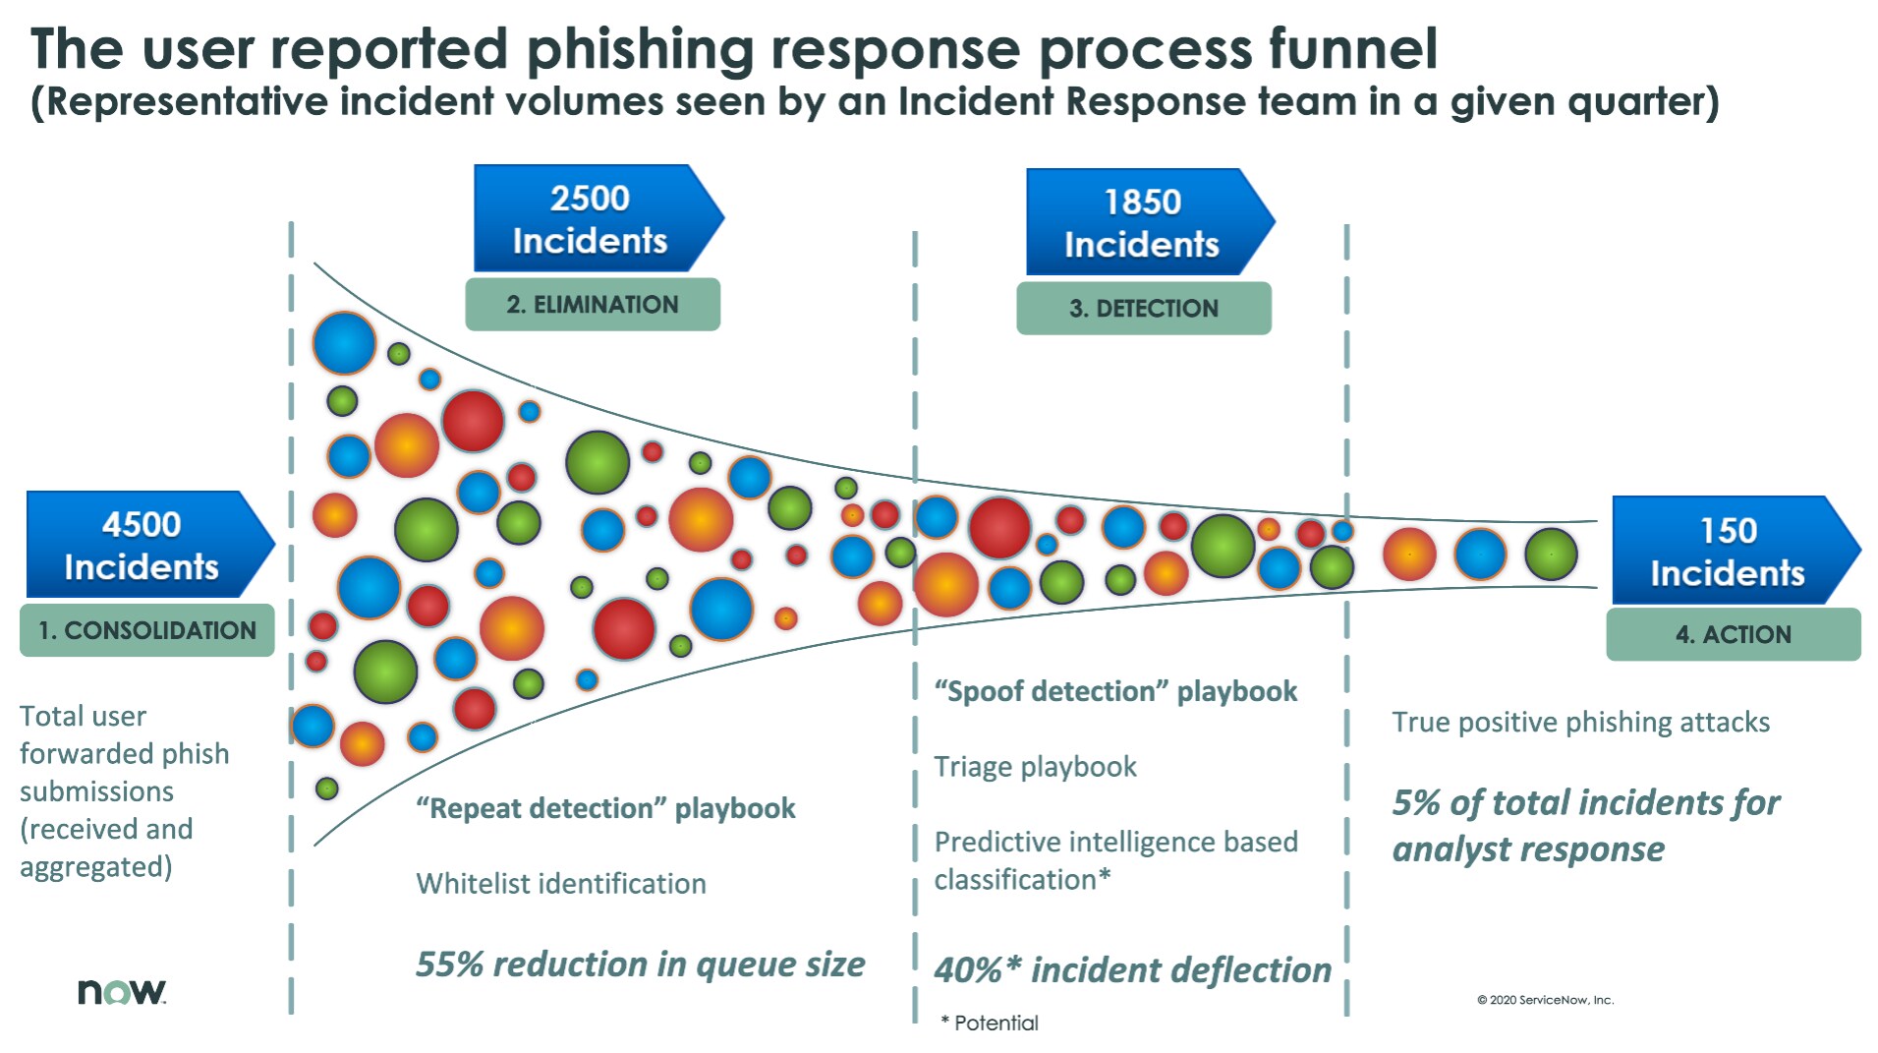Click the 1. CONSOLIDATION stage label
pos(147,630)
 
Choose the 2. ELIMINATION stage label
pos(593,305)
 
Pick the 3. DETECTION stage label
pos(1144,309)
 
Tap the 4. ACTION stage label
pos(1734,634)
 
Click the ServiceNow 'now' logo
pos(122,991)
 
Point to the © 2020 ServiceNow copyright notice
pos(1545,1000)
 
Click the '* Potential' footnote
pos(989,1023)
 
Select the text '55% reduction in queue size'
pos(641,965)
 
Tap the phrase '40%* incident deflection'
pos(1133,970)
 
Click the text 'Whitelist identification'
pos(561,883)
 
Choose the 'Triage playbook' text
pos(1035,767)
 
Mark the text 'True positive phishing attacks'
pos(1580,723)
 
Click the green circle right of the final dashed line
pos(1551,554)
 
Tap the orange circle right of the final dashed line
pos(1409,554)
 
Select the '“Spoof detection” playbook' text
pos(1115,691)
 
